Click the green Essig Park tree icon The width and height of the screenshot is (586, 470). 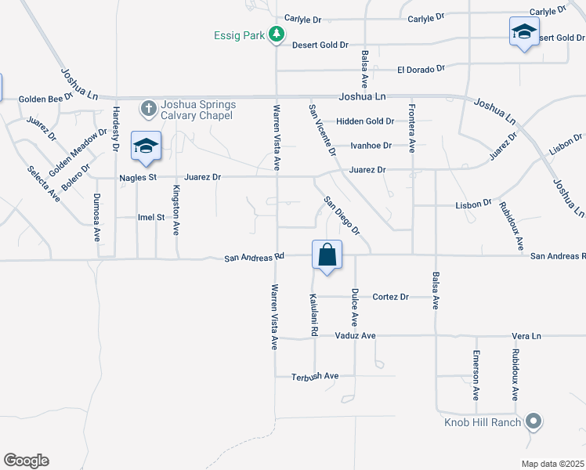point(276,34)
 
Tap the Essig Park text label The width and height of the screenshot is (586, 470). point(240,35)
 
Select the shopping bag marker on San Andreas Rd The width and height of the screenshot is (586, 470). point(327,255)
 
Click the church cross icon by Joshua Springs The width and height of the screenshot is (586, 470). point(148,106)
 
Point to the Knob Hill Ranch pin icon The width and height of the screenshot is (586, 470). point(534,421)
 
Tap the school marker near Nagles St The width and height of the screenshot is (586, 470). point(146,146)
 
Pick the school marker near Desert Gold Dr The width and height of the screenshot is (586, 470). point(523,32)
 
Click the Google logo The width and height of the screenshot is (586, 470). point(26,461)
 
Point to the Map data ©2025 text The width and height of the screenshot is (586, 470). point(552,464)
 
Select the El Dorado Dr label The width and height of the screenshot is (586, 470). point(421,69)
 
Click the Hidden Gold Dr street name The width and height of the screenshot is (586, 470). point(364,121)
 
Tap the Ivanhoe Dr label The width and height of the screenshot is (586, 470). point(371,146)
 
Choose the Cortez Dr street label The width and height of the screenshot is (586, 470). point(391,297)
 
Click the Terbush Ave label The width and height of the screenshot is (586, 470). point(314,376)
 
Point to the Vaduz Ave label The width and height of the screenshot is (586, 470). point(355,335)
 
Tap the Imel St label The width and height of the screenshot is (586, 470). point(151,217)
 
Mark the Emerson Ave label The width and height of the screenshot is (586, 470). point(476,375)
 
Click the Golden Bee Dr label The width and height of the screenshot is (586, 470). point(45,99)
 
